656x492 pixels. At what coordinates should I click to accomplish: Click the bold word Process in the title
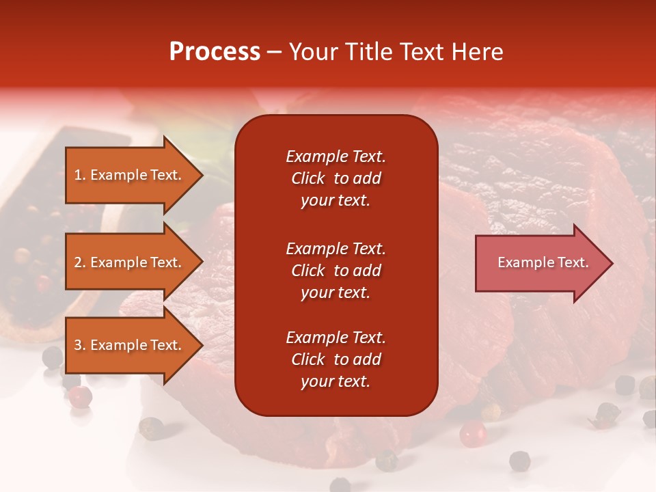pyautogui.click(x=215, y=52)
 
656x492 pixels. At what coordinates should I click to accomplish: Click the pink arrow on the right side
pyautogui.click(x=540, y=263)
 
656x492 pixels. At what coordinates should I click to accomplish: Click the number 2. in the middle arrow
pyautogui.click(x=80, y=262)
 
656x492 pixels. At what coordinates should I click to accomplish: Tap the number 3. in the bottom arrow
pyautogui.click(x=80, y=345)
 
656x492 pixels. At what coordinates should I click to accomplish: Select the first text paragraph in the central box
pyautogui.click(x=336, y=178)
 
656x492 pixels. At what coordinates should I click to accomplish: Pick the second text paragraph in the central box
pyautogui.click(x=336, y=271)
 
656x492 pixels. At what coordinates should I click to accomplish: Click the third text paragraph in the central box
pyautogui.click(x=336, y=359)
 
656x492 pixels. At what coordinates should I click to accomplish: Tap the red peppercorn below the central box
pyautogui.click(x=472, y=433)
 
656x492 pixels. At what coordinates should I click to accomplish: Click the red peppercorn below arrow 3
pyautogui.click(x=81, y=396)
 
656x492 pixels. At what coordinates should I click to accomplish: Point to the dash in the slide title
pyautogui.click(x=274, y=53)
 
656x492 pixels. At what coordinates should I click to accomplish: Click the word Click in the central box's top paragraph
pyautogui.click(x=307, y=178)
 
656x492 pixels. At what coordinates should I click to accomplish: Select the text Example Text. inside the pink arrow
pyautogui.click(x=543, y=262)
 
